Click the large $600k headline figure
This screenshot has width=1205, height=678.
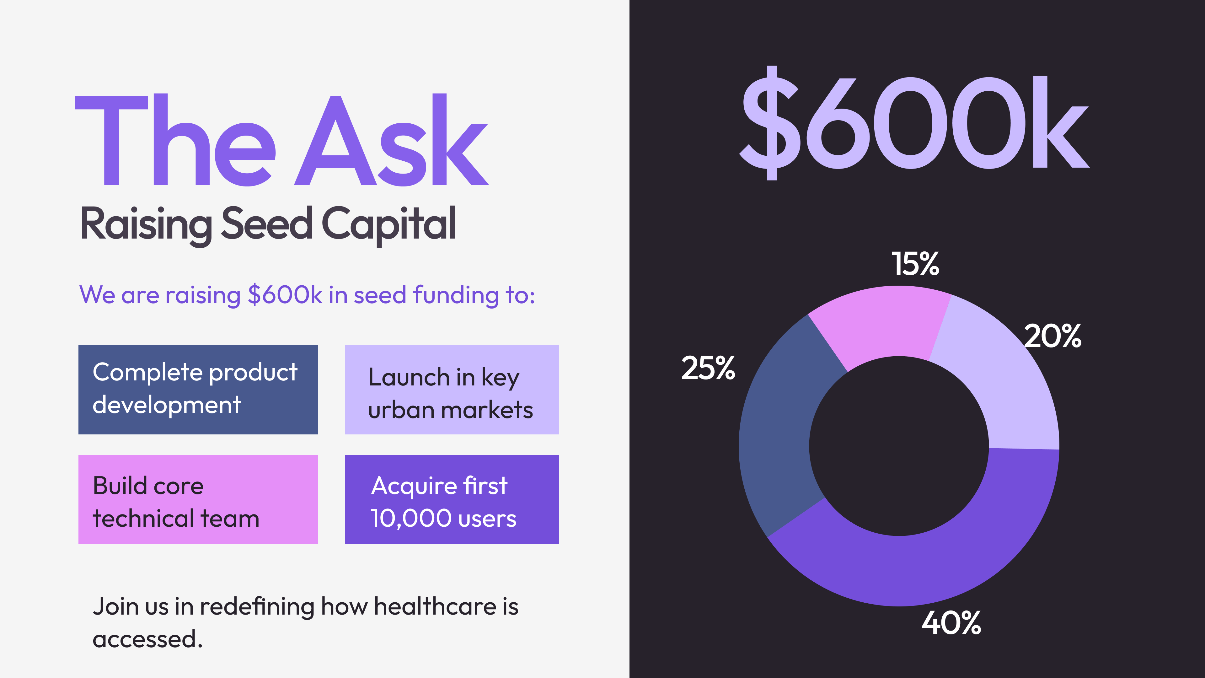pyautogui.click(x=914, y=123)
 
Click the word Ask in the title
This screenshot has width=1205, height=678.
pyautogui.click(x=392, y=140)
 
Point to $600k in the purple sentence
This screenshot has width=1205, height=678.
pyautogui.click(x=285, y=295)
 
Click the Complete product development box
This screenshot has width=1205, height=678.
pyautogui.click(x=198, y=390)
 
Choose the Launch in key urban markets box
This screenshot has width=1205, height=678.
pyautogui.click(x=452, y=390)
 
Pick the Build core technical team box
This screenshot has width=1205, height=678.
pyautogui.click(x=198, y=500)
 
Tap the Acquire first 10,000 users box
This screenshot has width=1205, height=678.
pyautogui.click(x=452, y=500)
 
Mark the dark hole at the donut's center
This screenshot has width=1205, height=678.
pyautogui.click(x=899, y=446)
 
